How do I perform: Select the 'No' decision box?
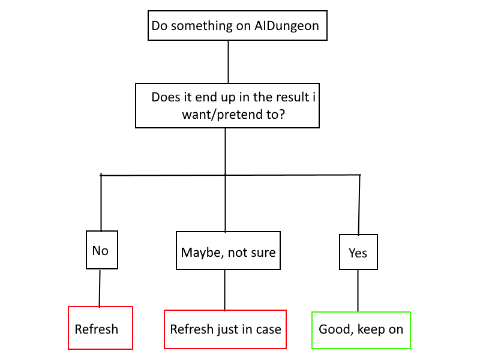tap(101, 250)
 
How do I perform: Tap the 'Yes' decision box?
tap(358, 253)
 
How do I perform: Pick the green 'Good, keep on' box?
tap(361, 330)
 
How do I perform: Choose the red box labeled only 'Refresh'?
tap(100, 328)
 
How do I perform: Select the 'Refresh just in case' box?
tap(225, 329)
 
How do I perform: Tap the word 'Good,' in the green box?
tap(335, 329)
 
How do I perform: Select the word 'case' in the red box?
tap(267, 329)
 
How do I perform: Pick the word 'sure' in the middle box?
tap(262, 252)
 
